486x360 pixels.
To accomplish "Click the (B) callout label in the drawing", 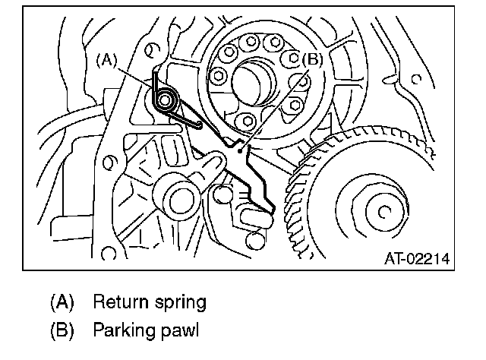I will click(312, 58).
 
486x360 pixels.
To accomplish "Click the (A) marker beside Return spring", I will click(62, 302).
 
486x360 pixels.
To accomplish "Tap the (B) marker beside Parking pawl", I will click(62, 331).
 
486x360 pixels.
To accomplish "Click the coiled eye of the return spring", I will click(165, 99).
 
